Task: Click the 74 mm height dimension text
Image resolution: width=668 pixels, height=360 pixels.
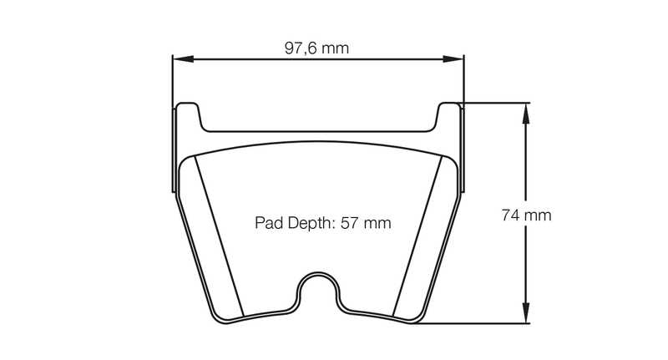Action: pyautogui.click(x=526, y=215)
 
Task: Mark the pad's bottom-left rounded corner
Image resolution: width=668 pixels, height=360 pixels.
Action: pyautogui.click(x=220, y=318)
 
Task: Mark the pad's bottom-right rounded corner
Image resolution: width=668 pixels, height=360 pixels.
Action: pyautogui.click(x=417, y=318)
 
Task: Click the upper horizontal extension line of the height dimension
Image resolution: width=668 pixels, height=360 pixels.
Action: pyautogui.click(x=493, y=103)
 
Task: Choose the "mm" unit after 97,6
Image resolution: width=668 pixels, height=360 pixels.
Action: pyautogui.click(x=336, y=48)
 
